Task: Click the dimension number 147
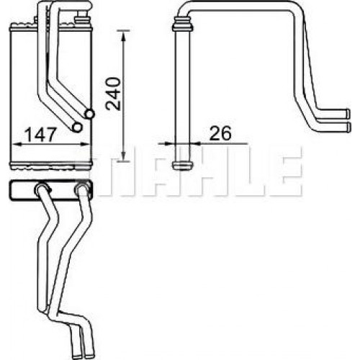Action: [41, 135]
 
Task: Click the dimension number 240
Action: [114, 94]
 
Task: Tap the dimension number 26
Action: [220, 133]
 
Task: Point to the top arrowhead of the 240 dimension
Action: [124, 35]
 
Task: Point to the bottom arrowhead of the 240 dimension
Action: [123, 156]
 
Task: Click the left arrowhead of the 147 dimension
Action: [17, 144]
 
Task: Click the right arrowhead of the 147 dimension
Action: [85, 144]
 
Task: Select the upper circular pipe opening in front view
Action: [89, 114]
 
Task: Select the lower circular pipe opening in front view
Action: [77, 127]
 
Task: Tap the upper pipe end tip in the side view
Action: [348, 114]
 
